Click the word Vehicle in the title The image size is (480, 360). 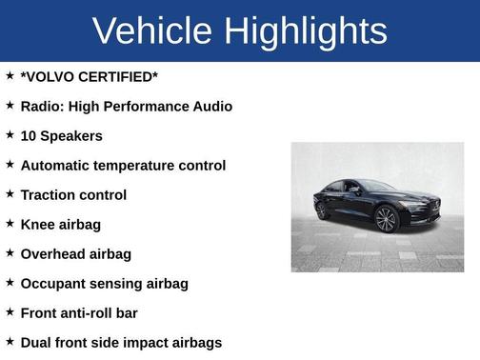(151, 31)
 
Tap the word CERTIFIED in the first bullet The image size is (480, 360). (117, 76)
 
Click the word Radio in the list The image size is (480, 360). (41, 106)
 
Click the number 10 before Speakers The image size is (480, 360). (29, 135)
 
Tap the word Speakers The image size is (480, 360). (72, 135)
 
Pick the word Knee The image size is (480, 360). (36, 224)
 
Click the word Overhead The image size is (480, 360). (51, 253)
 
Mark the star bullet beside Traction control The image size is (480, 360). (10, 193)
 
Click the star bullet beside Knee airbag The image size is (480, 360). (10, 223)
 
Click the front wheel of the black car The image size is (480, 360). (386, 220)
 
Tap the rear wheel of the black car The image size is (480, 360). (322, 210)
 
